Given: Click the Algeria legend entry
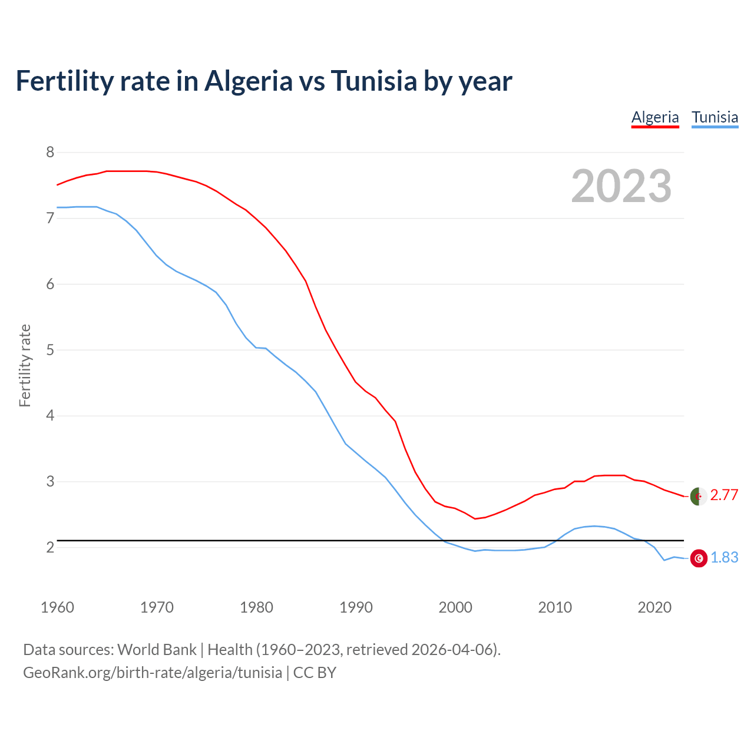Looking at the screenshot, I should (655, 117).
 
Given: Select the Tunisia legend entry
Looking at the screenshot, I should (715, 117).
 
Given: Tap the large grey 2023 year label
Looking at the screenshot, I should (621, 186).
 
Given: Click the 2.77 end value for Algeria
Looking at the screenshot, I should (724, 495).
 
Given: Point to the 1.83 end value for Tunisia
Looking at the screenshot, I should (724, 558).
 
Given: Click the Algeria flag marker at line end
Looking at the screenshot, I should (699, 497).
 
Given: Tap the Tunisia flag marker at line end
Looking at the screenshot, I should (699, 558).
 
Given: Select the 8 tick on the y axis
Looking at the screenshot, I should (50, 153).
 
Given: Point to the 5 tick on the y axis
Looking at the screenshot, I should (50, 350).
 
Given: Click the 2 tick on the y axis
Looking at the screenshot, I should (50, 548).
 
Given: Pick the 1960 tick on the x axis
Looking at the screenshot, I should (57, 607).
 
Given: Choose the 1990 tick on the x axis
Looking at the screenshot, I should (356, 607).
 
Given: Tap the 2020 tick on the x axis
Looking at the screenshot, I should (654, 607).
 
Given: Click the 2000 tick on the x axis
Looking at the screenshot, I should (455, 607).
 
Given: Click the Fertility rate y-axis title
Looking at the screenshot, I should (25, 365).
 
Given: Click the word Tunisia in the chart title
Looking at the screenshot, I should (374, 81).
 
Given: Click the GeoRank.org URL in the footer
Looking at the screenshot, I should (153, 673).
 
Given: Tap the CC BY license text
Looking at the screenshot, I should (315, 673).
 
